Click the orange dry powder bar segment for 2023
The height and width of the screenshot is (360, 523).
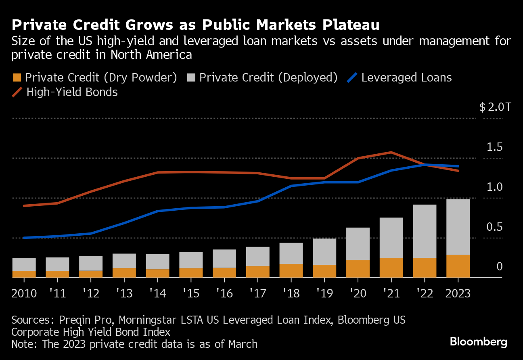pyautogui.click(x=458, y=266)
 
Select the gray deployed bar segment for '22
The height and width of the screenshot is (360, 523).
pyautogui.click(x=425, y=231)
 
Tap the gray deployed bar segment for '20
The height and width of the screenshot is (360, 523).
pyautogui.click(x=358, y=244)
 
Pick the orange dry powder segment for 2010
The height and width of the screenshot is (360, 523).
pyautogui.click(x=24, y=274)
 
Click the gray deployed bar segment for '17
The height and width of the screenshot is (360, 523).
pyautogui.click(x=258, y=256)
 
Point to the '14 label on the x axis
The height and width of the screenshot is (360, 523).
pyautogui.click(x=158, y=293)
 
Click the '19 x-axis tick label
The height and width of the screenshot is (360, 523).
pyautogui.click(x=324, y=293)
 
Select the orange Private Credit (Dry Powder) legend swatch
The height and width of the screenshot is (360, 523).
pyautogui.click(x=16, y=78)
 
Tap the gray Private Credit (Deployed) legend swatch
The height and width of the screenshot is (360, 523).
pyautogui.click(x=191, y=78)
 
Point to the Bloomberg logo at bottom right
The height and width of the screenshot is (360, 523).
pyautogui.click(x=479, y=342)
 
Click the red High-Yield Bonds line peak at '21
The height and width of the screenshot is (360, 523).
pyautogui.click(x=391, y=152)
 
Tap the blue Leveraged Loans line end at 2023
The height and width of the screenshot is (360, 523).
pyautogui.click(x=458, y=166)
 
